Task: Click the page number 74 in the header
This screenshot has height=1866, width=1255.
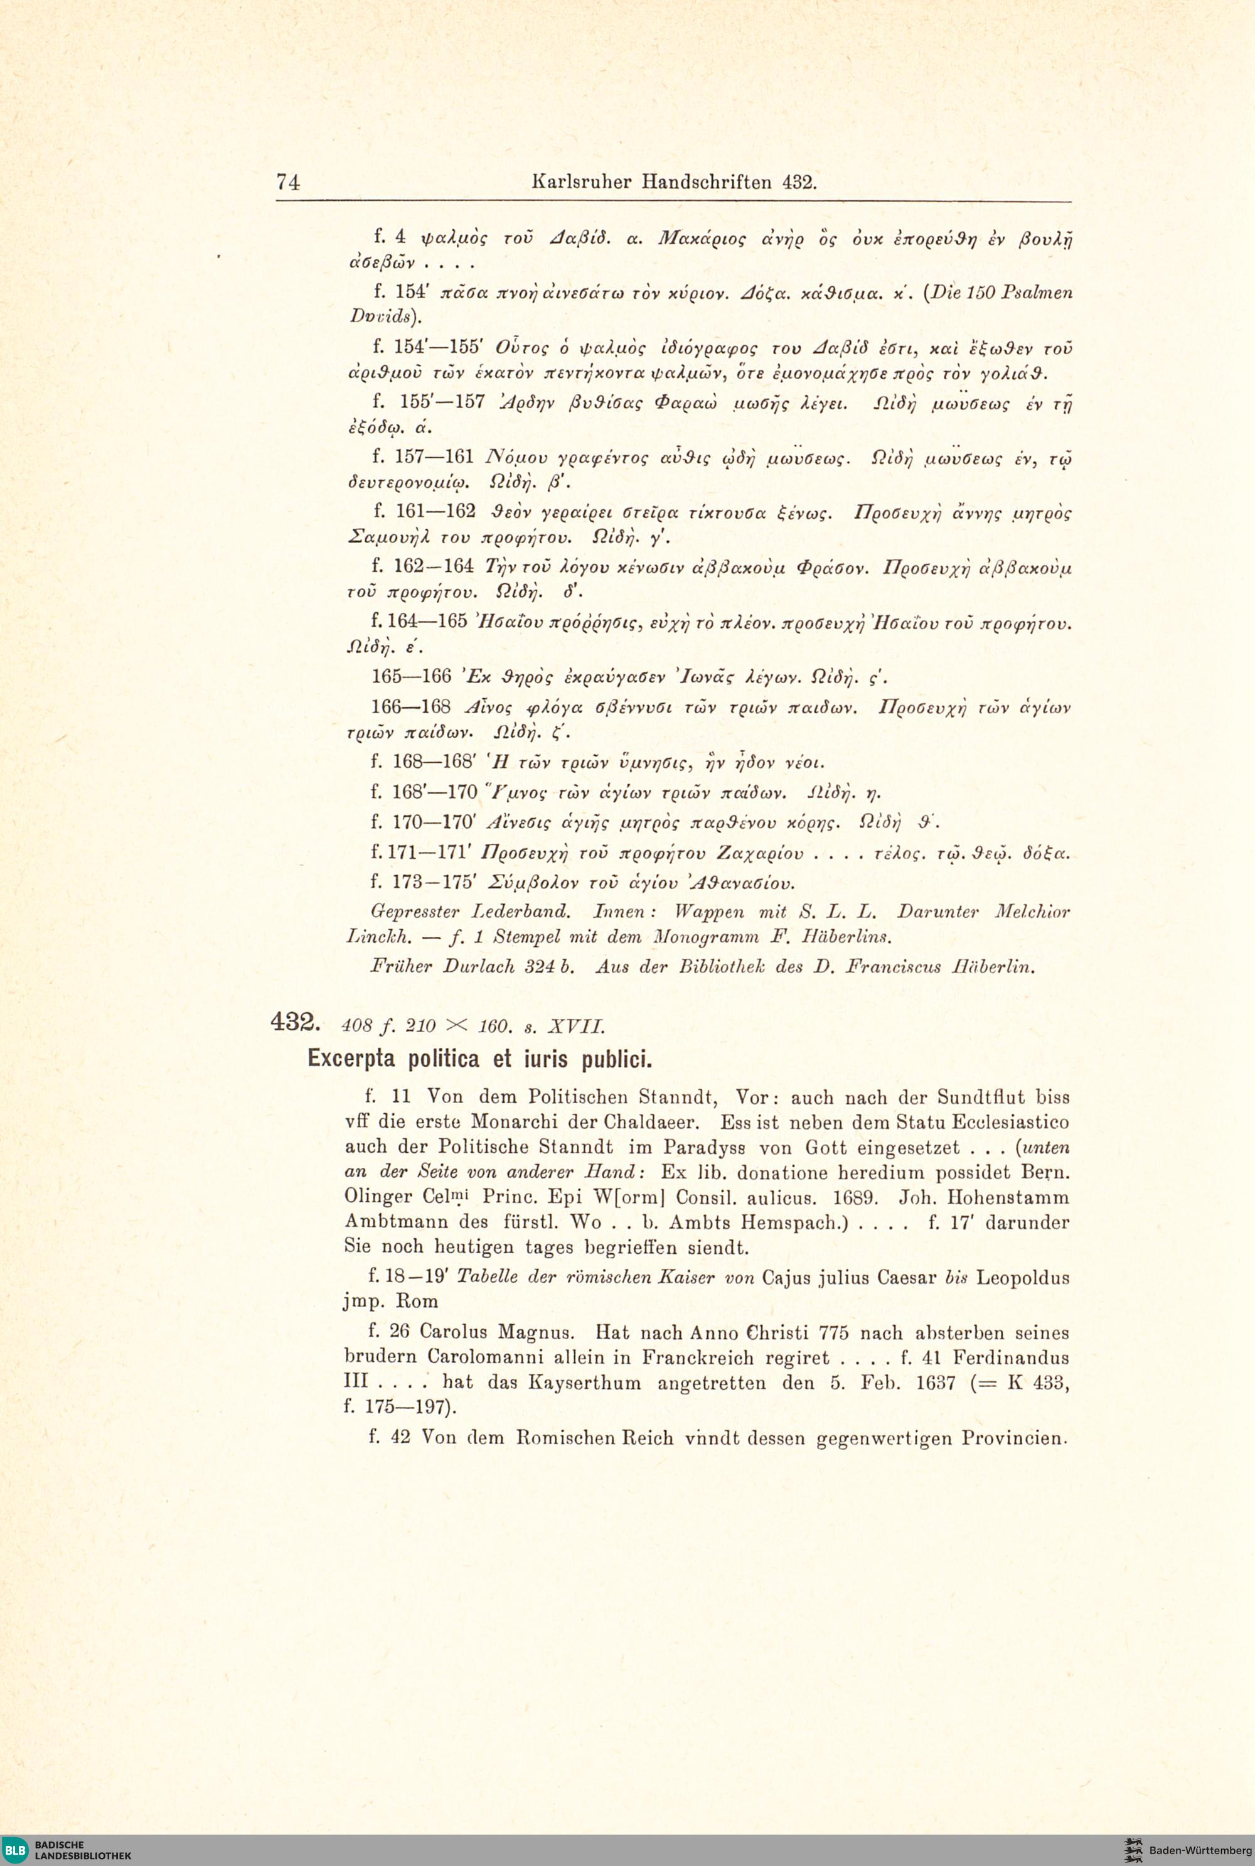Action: [x=288, y=182]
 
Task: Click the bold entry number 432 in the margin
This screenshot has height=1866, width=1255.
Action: [x=296, y=1023]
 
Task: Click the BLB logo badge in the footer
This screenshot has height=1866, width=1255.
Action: [x=15, y=1850]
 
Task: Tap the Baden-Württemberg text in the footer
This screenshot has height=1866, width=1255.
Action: [x=1200, y=1850]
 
